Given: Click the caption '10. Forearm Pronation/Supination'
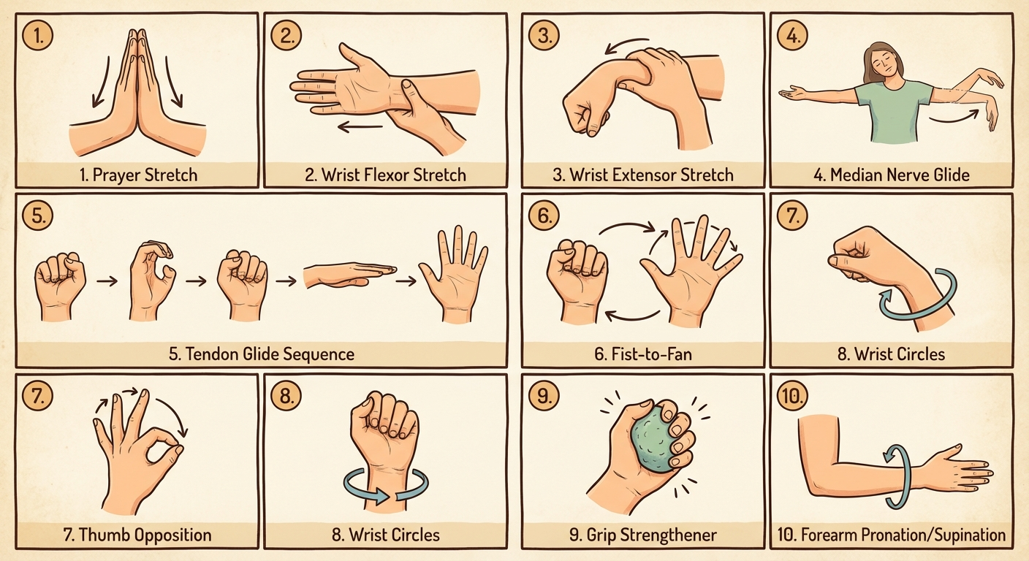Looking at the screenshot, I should (892, 535).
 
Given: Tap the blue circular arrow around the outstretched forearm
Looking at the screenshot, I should (896, 475).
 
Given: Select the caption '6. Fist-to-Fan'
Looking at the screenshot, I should (642, 354).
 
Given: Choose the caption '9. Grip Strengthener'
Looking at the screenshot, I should (642, 535).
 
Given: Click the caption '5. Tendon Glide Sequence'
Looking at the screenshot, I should (261, 354).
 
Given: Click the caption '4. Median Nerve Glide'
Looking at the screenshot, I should (892, 175).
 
